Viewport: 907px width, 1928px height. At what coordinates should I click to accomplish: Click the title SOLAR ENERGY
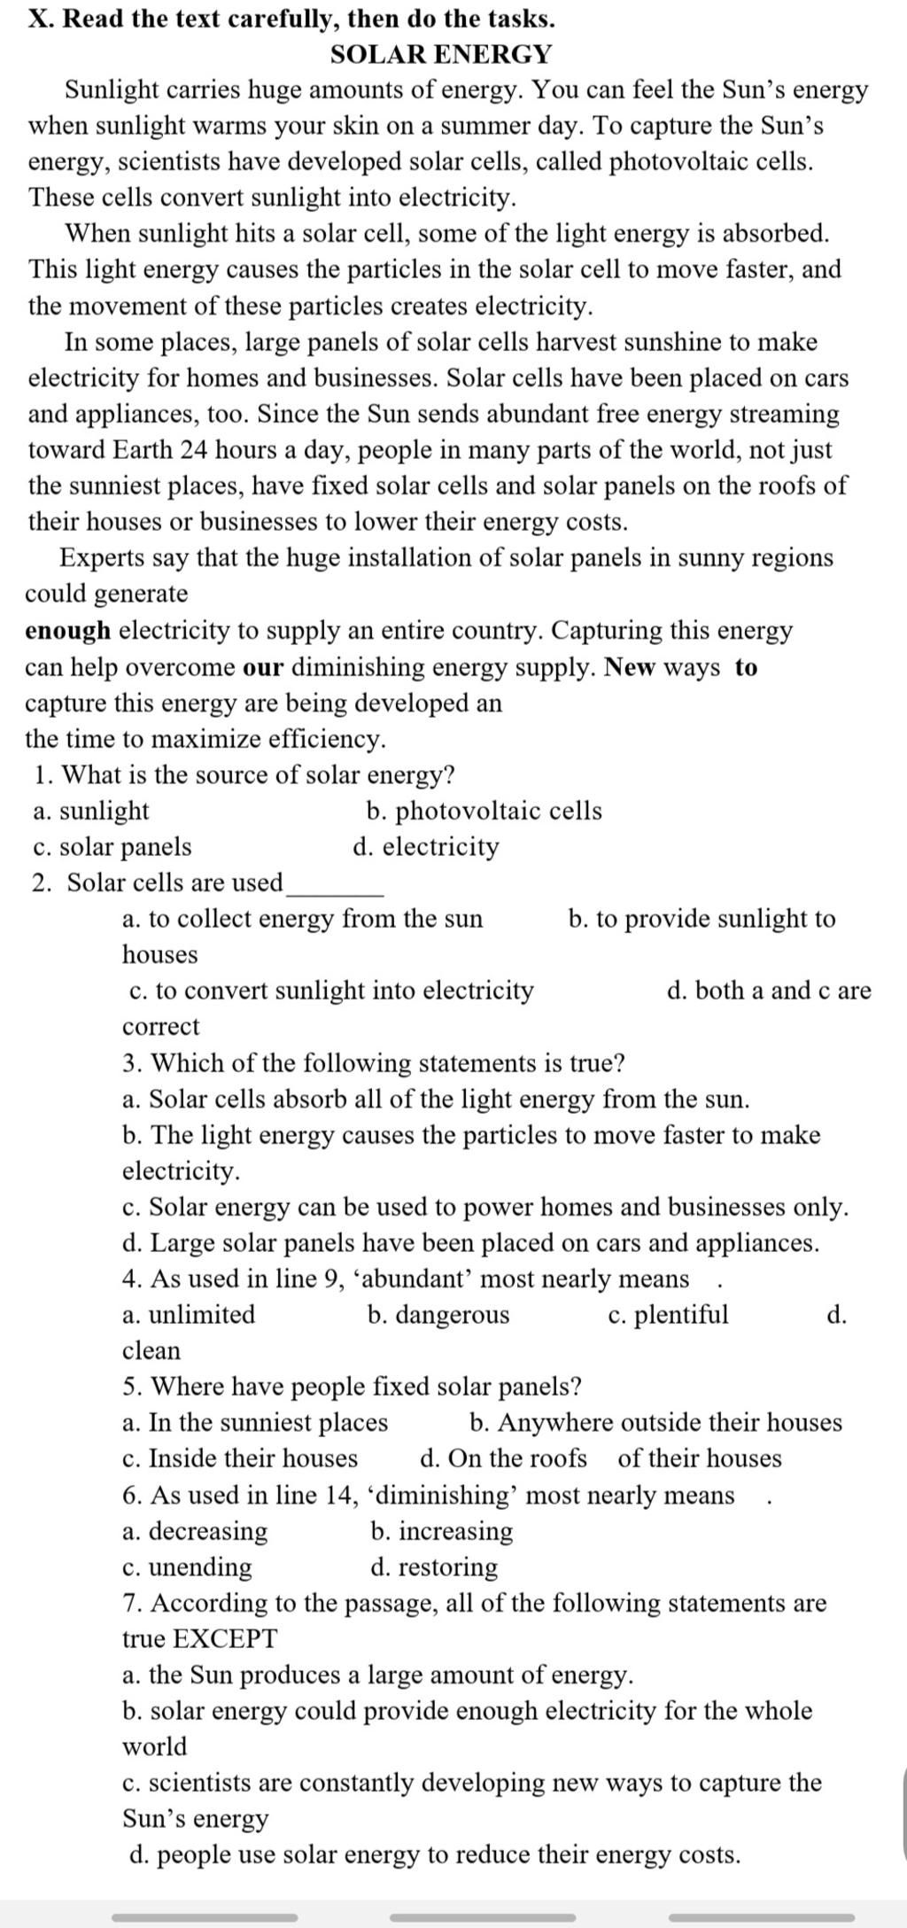pyautogui.click(x=440, y=54)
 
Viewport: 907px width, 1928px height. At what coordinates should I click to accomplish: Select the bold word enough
pyautogui.click(x=68, y=631)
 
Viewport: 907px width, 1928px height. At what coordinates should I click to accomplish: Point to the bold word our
pyautogui.click(x=262, y=667)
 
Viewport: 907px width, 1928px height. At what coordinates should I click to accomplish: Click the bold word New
pyautogui.click(x=630, y=667)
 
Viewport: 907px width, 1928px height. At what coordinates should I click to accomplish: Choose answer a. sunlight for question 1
pyautogui.click(x=91, y=811)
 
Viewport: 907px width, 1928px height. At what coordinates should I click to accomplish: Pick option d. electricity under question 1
pyautogui.click(x=426, y=847)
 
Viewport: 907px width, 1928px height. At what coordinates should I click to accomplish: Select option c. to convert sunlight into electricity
pyautogui.click(x=331, y=991)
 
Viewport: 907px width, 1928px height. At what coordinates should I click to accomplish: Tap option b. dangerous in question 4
pyautogui.click(x=438, y=1315)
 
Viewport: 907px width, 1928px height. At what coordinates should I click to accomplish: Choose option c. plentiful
pyautogui.click(x=669, y=1315)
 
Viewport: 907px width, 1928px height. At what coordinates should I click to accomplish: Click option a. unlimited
pyautogui.click(x=189, y=1315)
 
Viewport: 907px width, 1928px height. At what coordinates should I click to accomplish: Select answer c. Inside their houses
pyautogui.click(x=240, y=1458)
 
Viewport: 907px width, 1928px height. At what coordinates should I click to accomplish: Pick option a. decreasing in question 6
pyautogui.click(x=195, y=1531)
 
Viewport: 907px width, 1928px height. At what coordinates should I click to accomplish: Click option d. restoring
pyautogui.click(x=434, y=1567)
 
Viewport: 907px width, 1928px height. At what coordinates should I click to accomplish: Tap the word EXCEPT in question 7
pyautogui.click(x=225, y=1639)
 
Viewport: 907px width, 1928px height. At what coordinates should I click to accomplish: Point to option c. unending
pyautogui.click(x=187, y=1567)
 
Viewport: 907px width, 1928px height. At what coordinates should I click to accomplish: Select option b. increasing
pyautogui.click(x=442, y=1531)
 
